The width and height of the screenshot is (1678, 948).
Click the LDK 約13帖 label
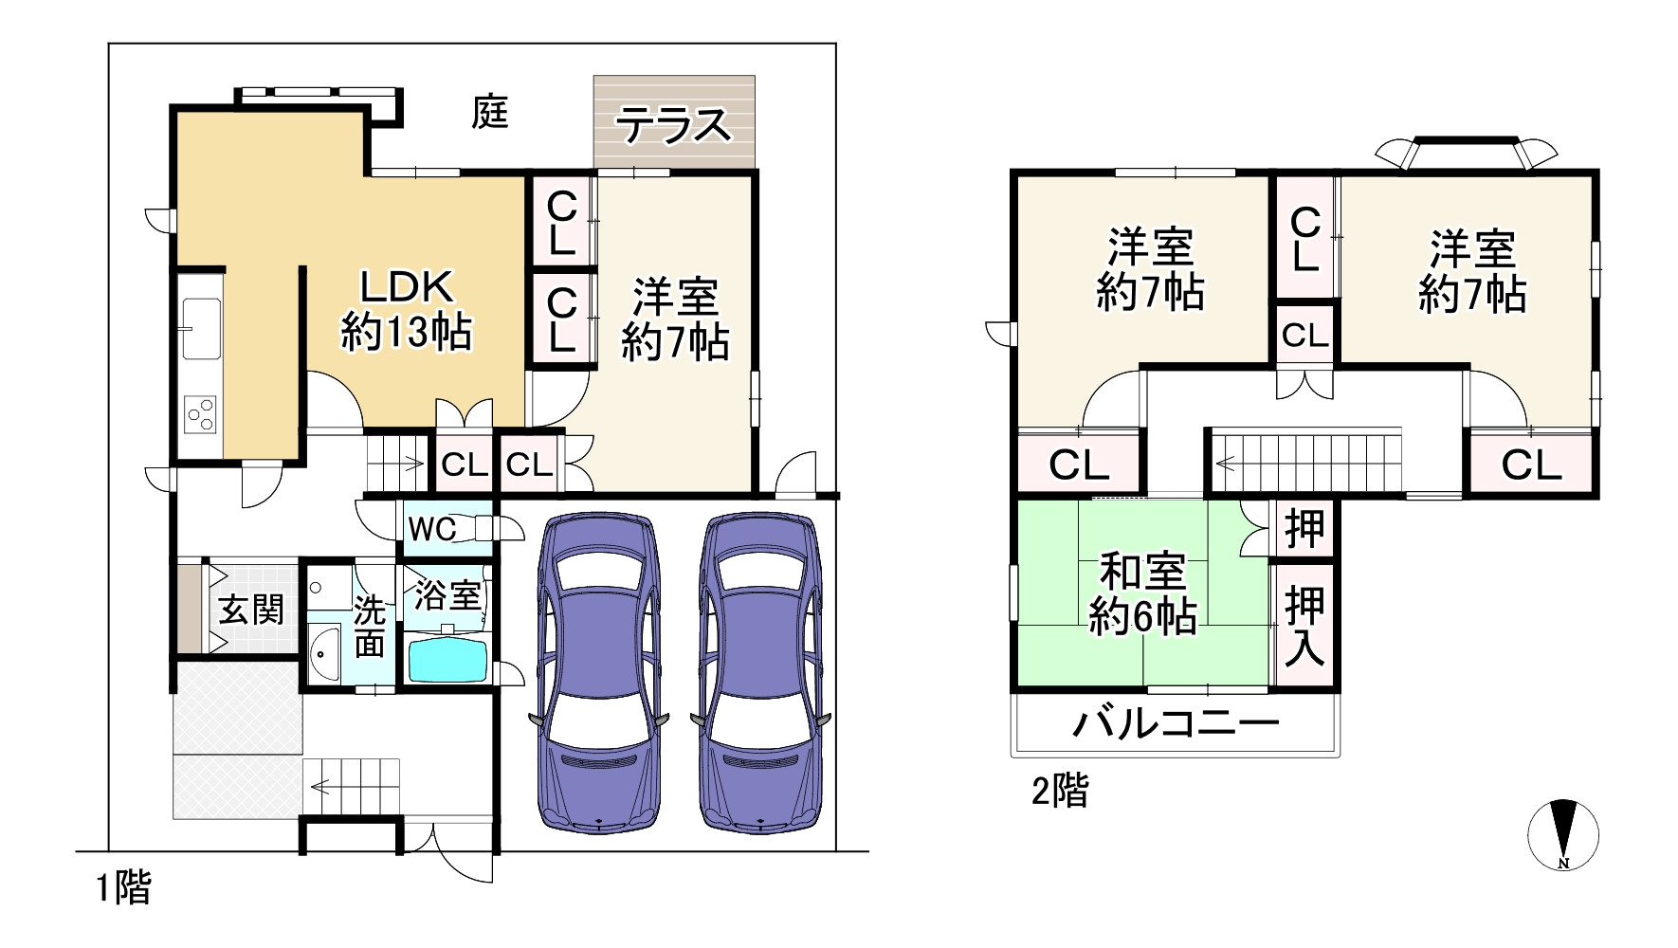point(406,310)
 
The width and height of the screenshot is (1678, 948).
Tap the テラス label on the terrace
point(674,125)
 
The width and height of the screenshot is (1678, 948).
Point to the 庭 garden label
point(490,113)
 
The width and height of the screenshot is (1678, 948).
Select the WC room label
point(432,529)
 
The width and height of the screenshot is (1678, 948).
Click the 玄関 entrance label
point(251,610)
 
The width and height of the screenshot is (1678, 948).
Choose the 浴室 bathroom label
point(447,596)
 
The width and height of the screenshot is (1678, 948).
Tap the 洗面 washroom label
point(370,627)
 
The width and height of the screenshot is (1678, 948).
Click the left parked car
point(598,673)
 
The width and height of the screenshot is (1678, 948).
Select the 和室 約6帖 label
point(1142,594)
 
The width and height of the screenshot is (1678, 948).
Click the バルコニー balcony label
point(1176,725)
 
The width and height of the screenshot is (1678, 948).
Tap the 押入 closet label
point(1304,627)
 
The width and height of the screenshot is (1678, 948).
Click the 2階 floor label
point(1060,791)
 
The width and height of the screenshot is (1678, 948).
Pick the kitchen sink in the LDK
point(201,328)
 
